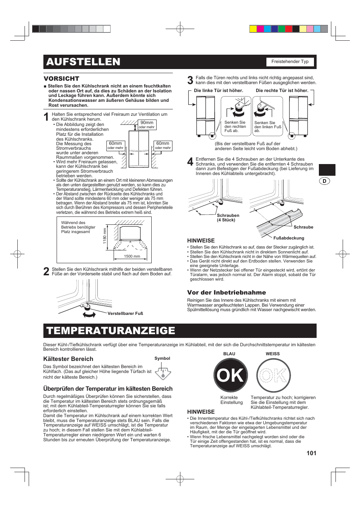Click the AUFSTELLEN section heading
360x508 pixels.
point(83,62)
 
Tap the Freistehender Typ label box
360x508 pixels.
point(290,61)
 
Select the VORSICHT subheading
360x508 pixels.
point(62,78)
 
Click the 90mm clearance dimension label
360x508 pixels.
point(147,123)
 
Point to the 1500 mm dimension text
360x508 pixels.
point(132,256)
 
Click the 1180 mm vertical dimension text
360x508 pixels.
point(105,236)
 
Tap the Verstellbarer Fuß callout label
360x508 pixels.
point(125,313)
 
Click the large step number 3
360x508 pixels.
point(190,80)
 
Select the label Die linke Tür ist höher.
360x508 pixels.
point(218,91)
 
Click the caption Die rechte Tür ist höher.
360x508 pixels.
point(282,91)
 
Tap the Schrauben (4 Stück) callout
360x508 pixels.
point(228,218)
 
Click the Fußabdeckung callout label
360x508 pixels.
point(289,238)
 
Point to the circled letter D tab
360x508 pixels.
point(324,181)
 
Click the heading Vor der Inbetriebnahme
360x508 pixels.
point(226,292)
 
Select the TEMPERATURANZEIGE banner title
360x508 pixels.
point(111,331)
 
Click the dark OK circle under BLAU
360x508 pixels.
point(231,375)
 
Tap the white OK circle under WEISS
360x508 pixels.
point(274,375)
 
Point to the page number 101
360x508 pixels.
point(311,453)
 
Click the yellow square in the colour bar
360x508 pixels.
point(253,29)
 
